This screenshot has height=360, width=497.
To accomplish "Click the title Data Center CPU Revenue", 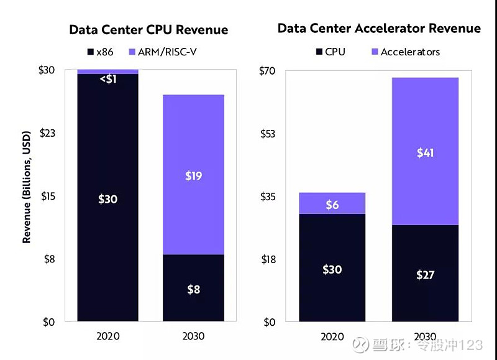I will tap(148, 30).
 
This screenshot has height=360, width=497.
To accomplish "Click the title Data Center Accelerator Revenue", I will tap(378, 28).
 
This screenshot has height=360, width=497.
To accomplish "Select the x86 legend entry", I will tap(99, 52).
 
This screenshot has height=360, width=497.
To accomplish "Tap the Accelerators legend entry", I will tap(404, 52).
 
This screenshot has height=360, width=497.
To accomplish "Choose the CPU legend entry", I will tap(330, 52).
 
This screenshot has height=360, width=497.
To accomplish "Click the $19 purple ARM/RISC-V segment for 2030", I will tap(193, 175).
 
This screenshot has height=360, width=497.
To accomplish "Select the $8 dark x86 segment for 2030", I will tap(193, 288).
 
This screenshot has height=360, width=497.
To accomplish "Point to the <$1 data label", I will tap(107, 79).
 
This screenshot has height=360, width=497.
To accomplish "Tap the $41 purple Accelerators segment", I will tap(425, 152).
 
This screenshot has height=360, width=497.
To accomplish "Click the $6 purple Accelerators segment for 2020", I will tap(332, 204).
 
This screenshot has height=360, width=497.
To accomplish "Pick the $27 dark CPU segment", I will tap(425, 274).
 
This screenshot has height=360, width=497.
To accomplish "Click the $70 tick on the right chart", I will tap(267, 70).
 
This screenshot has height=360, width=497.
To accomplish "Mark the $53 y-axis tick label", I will tap(267, 133).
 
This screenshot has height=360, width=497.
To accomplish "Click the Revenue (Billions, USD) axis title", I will tap(27, 187).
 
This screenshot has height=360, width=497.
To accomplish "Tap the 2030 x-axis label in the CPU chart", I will tap(193, 336).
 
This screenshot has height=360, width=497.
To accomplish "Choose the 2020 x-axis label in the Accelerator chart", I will tap(332, 336).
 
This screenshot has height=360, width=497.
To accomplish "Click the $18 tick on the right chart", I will tap(267, 259).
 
